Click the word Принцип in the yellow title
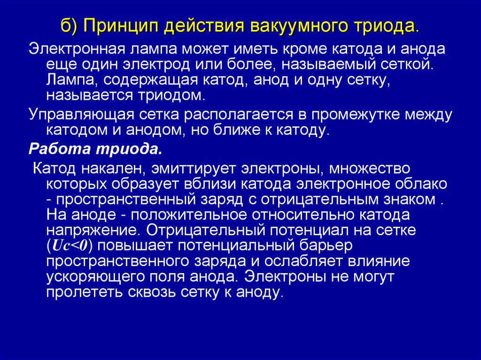(120, 25)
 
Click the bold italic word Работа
(59, 150)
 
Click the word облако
(420, 184)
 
